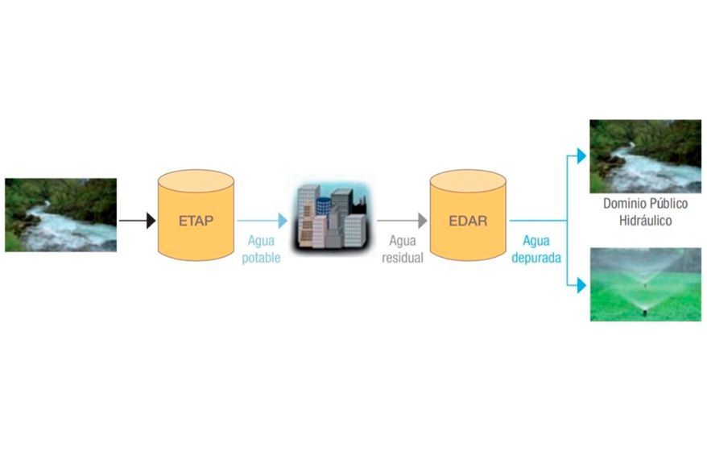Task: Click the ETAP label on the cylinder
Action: [x=196, y=221]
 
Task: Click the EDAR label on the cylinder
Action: [x=468, y=221]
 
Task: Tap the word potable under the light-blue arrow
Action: [x=261, y=258]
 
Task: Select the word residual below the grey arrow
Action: [x=402, y=258]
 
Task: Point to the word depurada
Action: [x=536, y=258]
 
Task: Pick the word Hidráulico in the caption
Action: [x=645, y=221]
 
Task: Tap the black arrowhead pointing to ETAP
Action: [x=151, y=221]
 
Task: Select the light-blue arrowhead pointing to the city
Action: [x=283, y=221]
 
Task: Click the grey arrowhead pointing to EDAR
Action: [x=423, y=221]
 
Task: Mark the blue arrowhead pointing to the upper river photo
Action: [x=581, y=156]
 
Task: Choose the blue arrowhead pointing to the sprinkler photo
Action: [x=581, y=285]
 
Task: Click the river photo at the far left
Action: [x=61, y=215]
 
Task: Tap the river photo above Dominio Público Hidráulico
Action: [x=645, y=156]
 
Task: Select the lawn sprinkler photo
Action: [x=645, y=284]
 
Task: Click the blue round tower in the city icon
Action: [x=323, y=205]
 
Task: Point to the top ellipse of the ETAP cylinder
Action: [x=196, y=182]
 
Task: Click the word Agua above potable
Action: [x=261, y=241]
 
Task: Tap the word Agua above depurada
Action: [x=536, y=241]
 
